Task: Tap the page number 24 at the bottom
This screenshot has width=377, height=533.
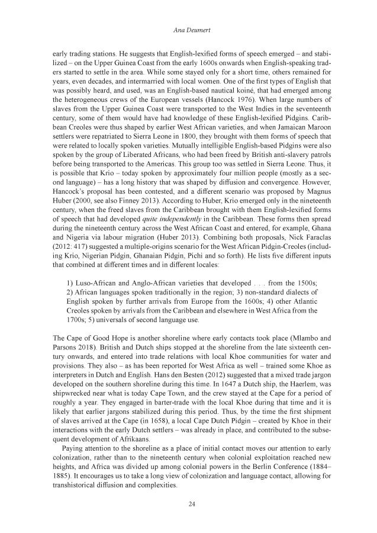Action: coord(188,504)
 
